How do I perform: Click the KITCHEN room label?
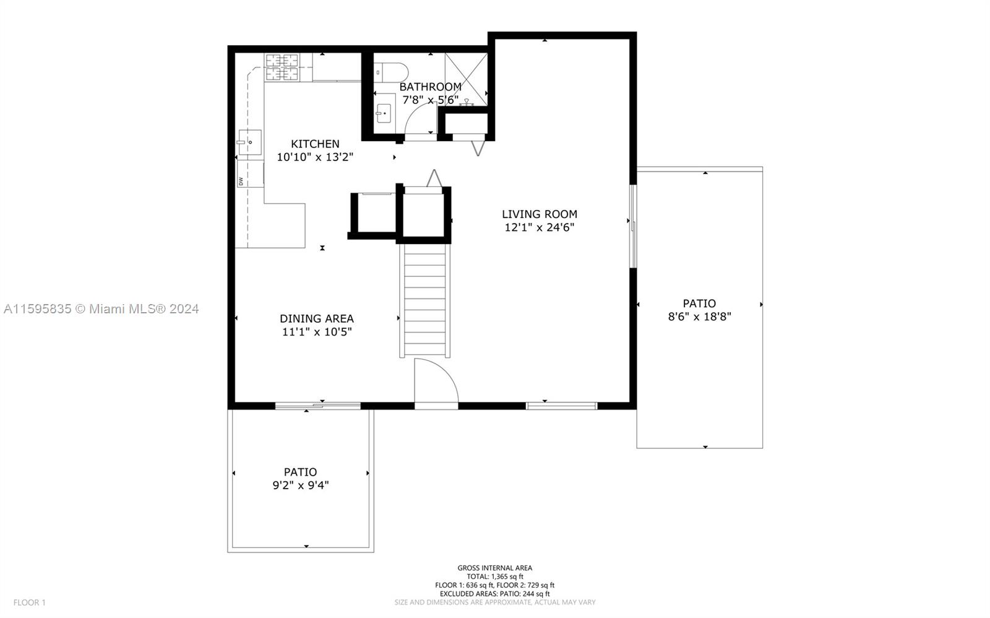coord(315,144)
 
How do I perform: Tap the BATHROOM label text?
coord(431,87)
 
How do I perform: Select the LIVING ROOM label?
coord(539,214)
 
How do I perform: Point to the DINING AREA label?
coord(316,318)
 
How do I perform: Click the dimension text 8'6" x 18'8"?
coord(700,317)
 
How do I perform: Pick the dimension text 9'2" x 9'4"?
coord(301,485)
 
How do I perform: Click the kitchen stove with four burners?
coord(282,67)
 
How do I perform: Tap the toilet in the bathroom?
coord(391,72)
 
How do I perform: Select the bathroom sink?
coord(383,114)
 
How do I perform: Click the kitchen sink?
coord(250,142)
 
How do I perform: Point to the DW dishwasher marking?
coord(241,181)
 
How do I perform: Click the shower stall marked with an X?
coord(466,79)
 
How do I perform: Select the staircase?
coord(424,300)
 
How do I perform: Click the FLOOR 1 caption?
coord(30,603)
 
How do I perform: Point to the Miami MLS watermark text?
coord(101,309)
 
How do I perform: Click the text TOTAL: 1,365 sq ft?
coord(495,577)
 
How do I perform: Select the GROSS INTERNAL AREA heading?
coord(495,568)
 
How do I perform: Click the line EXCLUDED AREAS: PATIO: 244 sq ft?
coord(495,594)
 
